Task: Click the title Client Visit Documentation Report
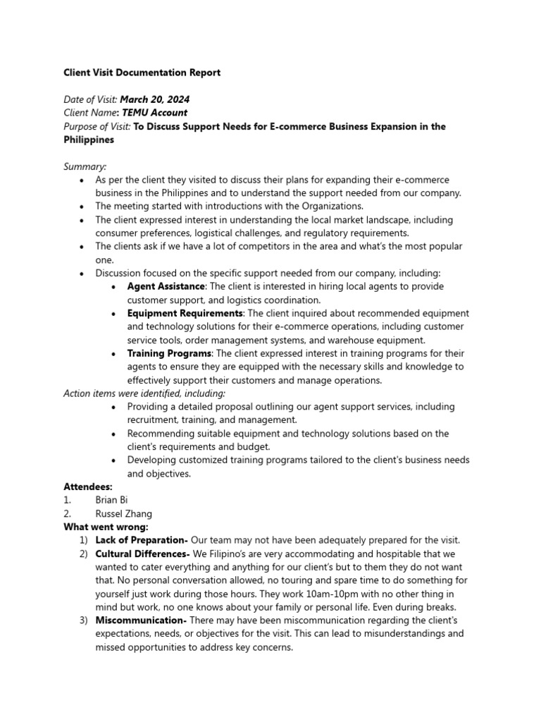click(142, 73)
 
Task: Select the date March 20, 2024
click(154, 99)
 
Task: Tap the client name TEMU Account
click(154, 113)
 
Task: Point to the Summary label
click(85, 166)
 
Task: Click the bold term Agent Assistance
click(166, 286)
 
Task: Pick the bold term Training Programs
click(169, 353)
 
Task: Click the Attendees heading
click(88, 487)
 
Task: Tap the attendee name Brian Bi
click(112, 500)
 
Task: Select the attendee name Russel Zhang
click(123, 513)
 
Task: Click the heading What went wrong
click(106, 527)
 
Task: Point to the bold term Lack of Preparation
click(141, 540)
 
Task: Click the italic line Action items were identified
click(144, 393)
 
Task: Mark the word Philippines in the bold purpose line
click(89, 140)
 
